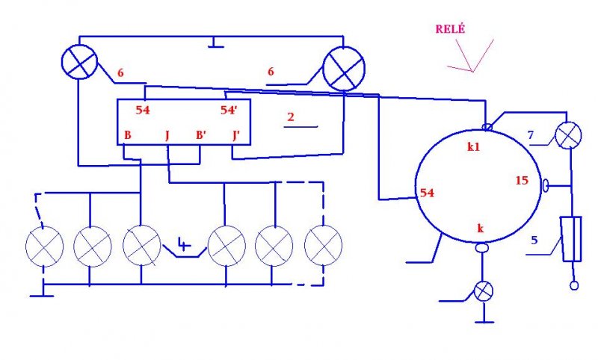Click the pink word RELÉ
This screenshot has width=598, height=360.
click(x=450, y=29)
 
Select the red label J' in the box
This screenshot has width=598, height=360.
click(x=237, y=136)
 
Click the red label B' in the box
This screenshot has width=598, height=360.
click(x=201, y=136)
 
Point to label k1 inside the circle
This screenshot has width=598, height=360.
click(x=473, y=147)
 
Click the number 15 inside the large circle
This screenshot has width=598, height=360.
click(x=522, y=180)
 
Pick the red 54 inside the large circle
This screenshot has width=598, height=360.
click(x=428, y=193)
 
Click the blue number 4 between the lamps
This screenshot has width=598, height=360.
click(x=184, y=243)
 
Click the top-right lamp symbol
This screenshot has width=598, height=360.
click(x=342, y=72)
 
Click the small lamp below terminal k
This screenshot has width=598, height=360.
click(x=484, y=291)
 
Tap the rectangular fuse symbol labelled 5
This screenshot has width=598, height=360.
click(x=571, y=238)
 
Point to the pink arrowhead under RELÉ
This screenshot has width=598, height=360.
click(x=471, y=69)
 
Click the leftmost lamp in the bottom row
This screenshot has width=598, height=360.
click(x=44, y=246)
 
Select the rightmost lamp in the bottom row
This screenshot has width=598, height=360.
click(x=324, y=245)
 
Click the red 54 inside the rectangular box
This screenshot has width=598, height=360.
click(x=144, y=110)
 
